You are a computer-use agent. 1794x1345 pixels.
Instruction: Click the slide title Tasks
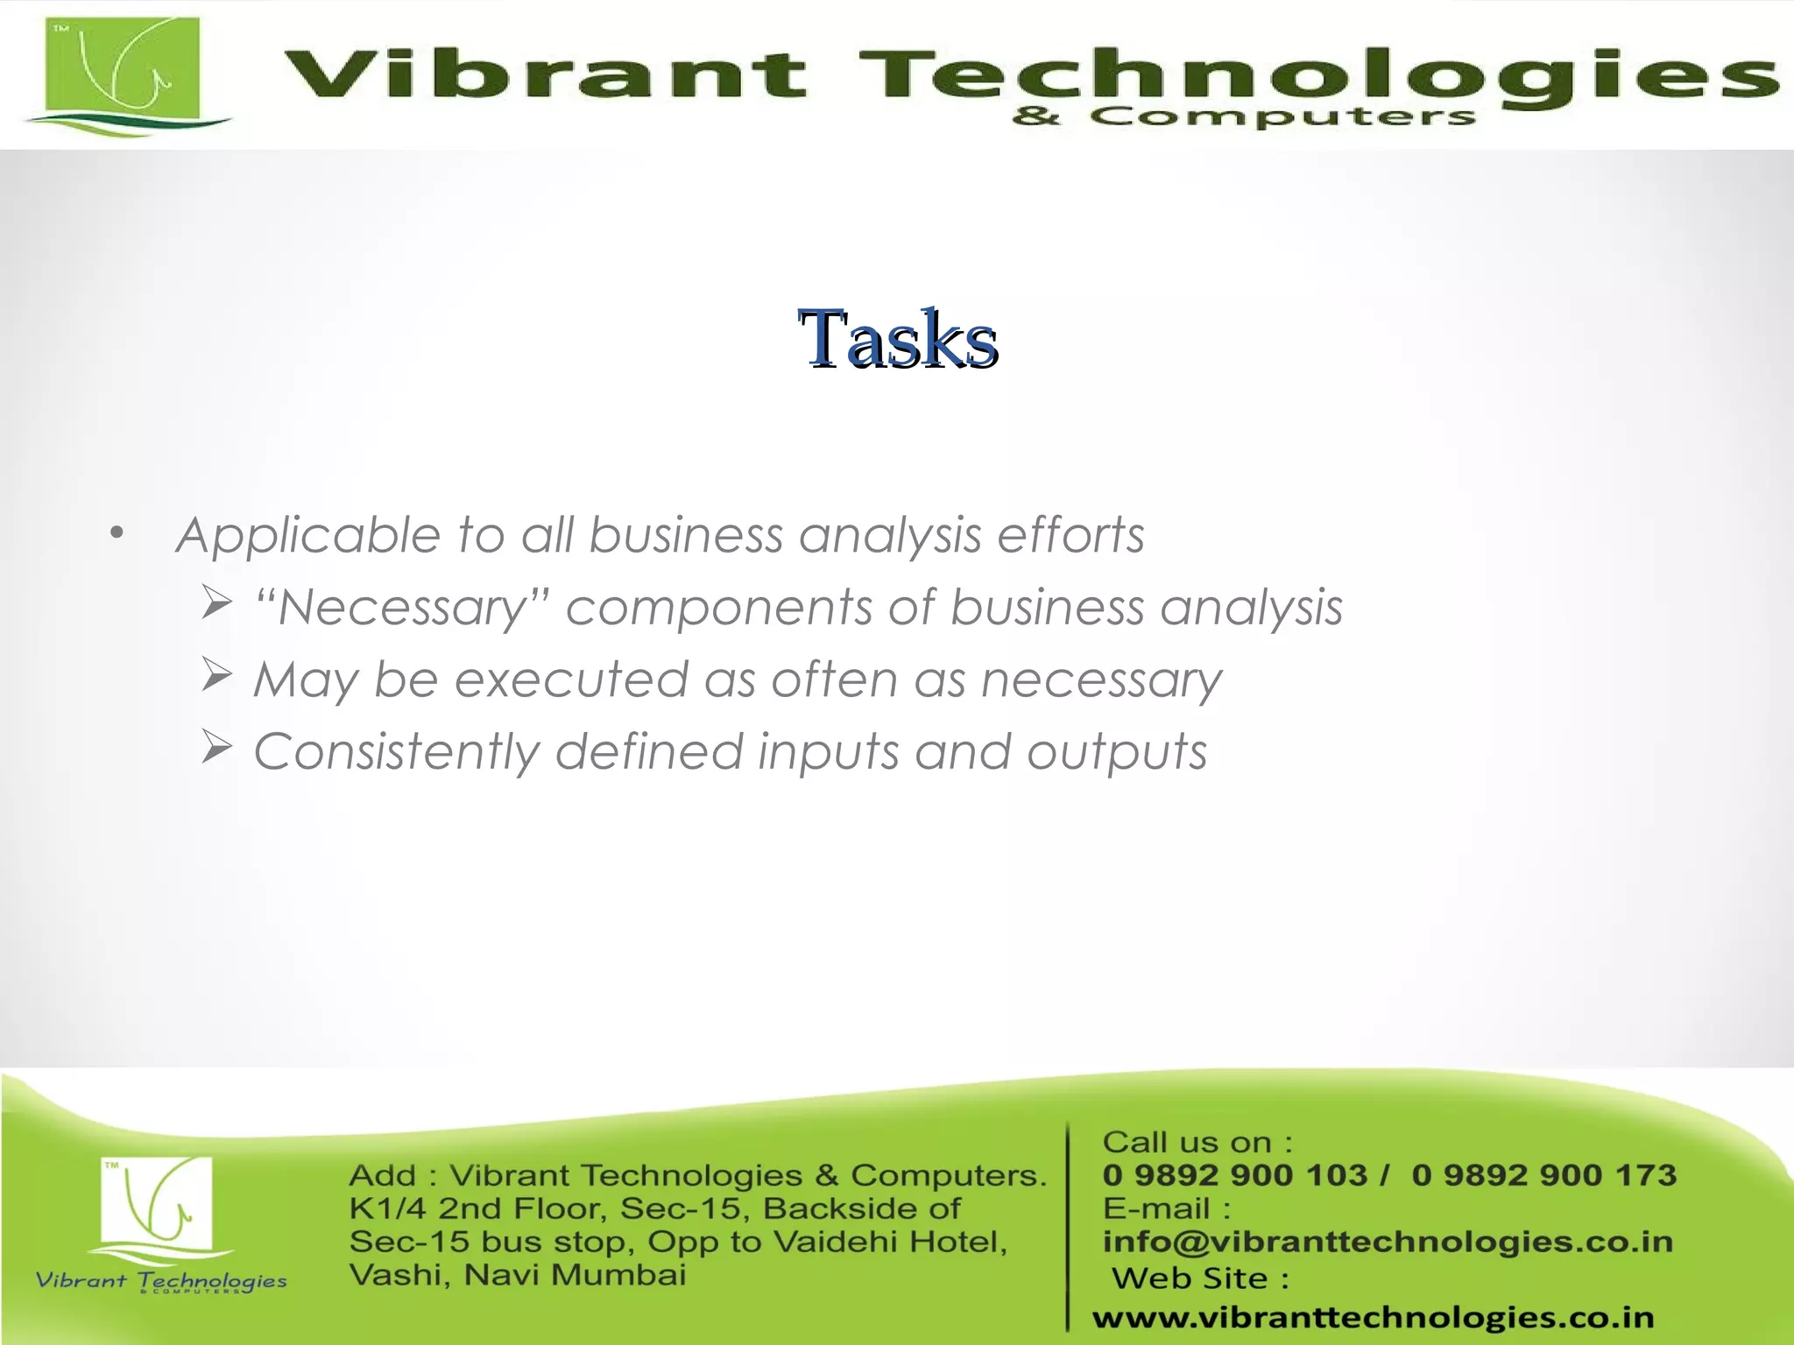[898, 340]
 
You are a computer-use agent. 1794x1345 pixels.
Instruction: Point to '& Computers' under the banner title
[1244, 117]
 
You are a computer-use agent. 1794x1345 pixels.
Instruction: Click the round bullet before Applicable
[117, 532]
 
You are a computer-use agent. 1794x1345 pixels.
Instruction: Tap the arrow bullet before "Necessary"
[216, 602]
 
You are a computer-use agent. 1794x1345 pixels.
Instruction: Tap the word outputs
[1117, 753]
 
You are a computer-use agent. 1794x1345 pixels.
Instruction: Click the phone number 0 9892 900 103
[1235, 1175]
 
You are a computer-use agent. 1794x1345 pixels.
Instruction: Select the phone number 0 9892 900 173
[1543, 1175]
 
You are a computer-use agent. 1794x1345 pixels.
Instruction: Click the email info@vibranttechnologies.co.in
[1388, 1242]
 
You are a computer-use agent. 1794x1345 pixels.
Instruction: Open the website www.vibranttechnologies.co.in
[1373, 1317]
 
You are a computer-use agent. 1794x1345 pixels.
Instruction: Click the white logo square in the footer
[158, 1200]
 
